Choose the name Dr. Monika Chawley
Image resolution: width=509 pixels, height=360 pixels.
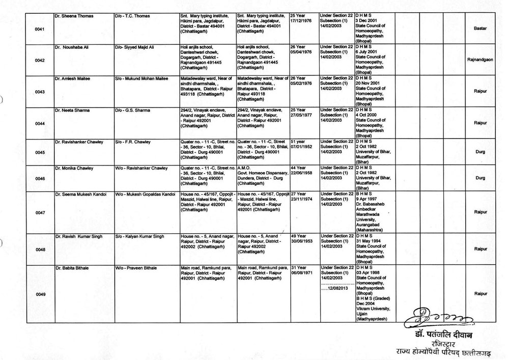tap(75, 169)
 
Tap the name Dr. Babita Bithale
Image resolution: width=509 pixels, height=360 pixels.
tap(74, 267)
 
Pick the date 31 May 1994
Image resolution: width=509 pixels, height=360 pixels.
tap(372, 242)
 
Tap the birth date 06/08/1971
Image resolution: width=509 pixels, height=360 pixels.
tap(300, 273)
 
